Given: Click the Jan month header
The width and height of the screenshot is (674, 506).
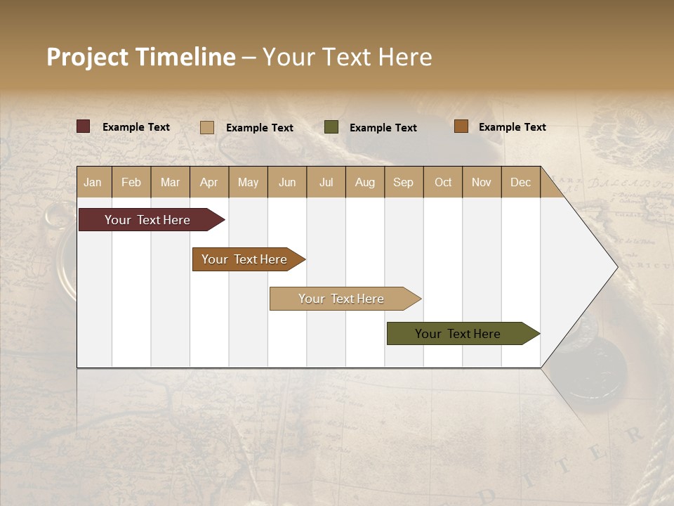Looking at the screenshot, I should point(93,182).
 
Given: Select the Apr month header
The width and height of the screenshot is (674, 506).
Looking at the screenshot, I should point(209,182).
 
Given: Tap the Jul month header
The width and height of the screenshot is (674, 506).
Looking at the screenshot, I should point(326,182).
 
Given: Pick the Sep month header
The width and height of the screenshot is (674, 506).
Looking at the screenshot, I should point(403,182).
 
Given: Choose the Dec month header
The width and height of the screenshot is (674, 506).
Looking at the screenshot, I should point(520,182).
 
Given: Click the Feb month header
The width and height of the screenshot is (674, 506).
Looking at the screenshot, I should point(131,182).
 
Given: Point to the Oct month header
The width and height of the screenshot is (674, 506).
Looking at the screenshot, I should point(443,182).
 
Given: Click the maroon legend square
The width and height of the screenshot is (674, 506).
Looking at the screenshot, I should point(83,126).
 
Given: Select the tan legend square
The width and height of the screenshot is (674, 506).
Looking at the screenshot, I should point(206,127).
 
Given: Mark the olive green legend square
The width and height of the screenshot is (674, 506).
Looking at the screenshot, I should point(331,127).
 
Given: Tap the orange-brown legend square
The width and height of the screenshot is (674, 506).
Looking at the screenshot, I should point(461,126).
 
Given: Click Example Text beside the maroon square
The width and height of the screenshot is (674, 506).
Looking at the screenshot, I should point(136,127).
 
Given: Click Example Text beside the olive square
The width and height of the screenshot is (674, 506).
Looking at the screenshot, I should point(383,128).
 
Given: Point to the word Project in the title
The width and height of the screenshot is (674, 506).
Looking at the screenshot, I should point(87,57).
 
